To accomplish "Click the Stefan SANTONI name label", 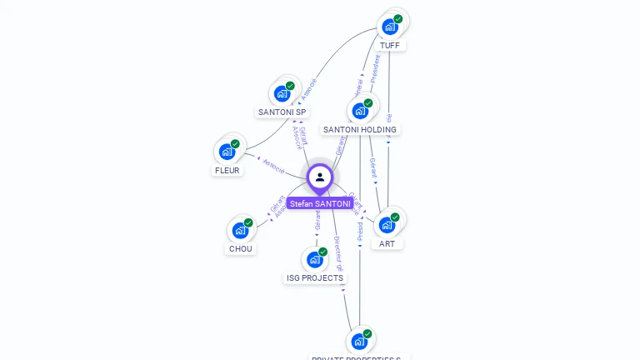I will pos(320,203).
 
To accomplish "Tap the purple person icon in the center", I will pos(320,177).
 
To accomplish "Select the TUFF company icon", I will pos(389,27).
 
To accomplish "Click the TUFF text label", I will pos(389,45).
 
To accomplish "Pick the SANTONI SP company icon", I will pos(282,93).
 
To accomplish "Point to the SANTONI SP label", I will pos(282,112).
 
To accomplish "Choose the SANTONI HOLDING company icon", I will pos(360,111).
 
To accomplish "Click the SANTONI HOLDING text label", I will pos(360,129).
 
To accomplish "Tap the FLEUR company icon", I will pos(227,152).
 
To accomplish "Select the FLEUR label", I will pos(227,170).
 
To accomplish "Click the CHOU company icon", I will pos(240,230).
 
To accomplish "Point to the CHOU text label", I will pos(240,248).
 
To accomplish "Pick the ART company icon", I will pos(387,225).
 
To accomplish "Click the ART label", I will pos(387,243).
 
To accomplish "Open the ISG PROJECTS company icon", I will pos(314,259).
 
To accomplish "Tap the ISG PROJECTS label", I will pos(315,277).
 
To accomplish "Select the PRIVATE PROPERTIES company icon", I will pos(358,341).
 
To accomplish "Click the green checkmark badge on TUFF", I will pos(398,18).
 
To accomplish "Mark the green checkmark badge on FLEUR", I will pos(235,144).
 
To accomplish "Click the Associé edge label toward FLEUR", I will pos(274,163).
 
